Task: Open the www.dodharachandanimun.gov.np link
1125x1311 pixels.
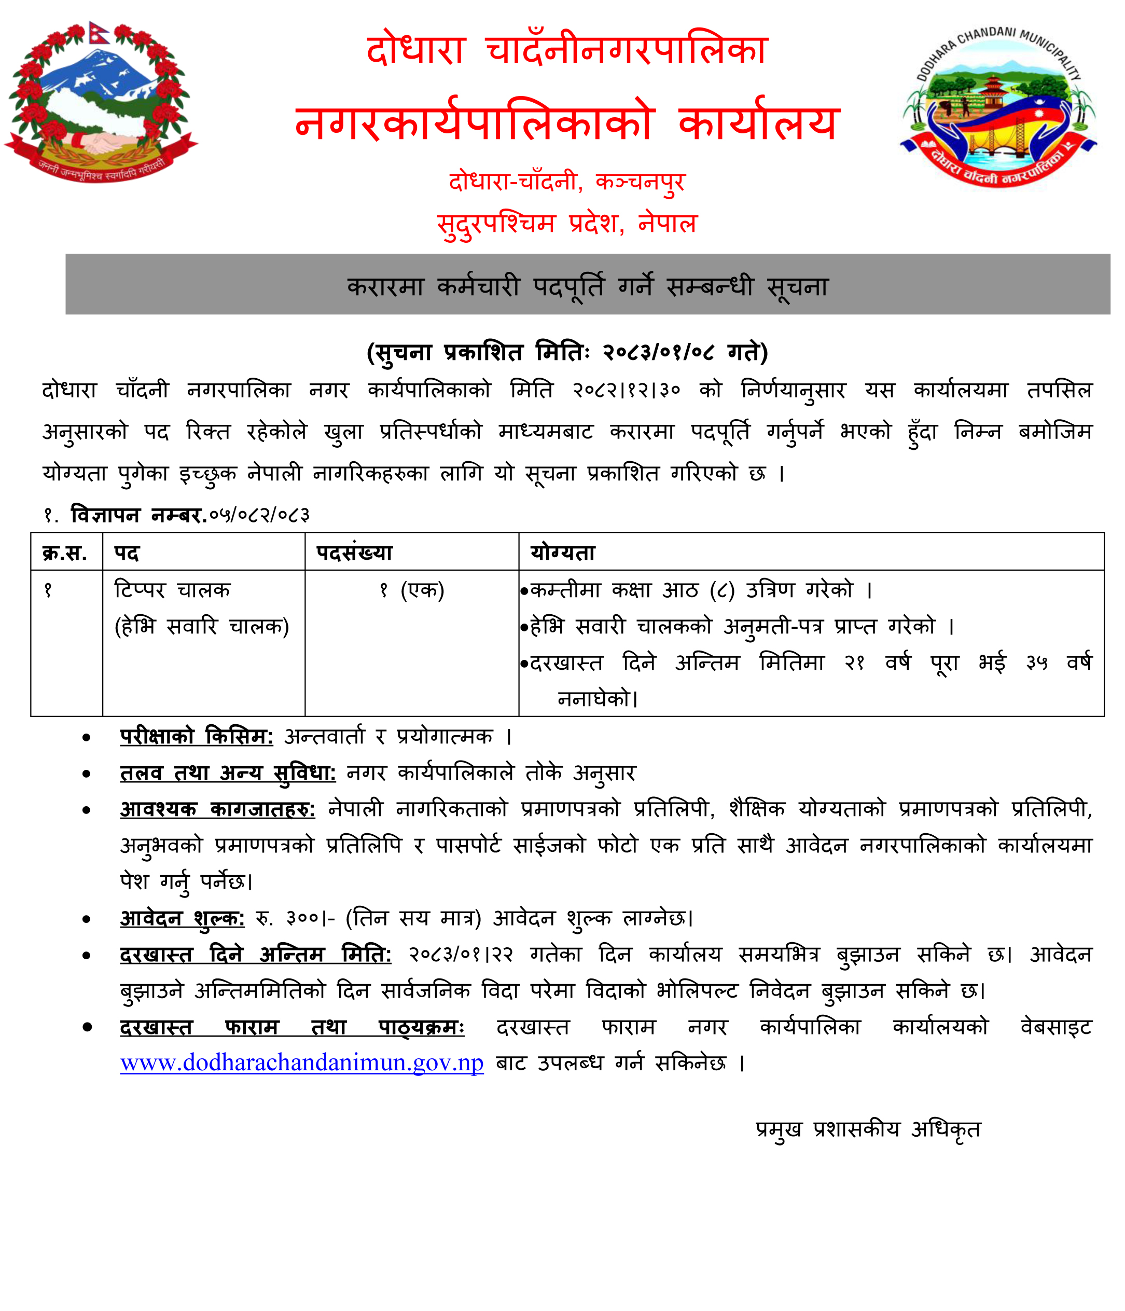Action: pyautogui.click(x=302, y=1062)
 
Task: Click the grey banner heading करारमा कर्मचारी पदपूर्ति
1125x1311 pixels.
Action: pyautogui.click(x=587, y=286)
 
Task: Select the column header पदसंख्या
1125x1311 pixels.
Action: pyautogui.click(x=354, y=553)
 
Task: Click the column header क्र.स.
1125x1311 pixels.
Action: pyautogui.click(x=64, y=553)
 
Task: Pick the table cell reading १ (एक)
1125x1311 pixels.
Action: pyautogui.click(x=412, y=590)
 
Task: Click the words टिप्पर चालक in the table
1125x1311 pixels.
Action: pyautogui.click(x=172, y=590)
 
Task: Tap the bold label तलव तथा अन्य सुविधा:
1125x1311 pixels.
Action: pyautogui.click(x=228, y=772)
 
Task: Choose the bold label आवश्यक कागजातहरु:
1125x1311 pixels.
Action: pyautogui.click(x=218, y=809)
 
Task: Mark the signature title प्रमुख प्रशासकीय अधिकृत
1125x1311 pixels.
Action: pyautogui.click(x=868, y=1129)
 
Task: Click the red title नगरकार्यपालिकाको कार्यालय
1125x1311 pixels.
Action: pyautogui.click(x=567, y=122)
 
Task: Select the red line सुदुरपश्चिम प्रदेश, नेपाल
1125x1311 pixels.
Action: pyautogui.click(x=567, y=223)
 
